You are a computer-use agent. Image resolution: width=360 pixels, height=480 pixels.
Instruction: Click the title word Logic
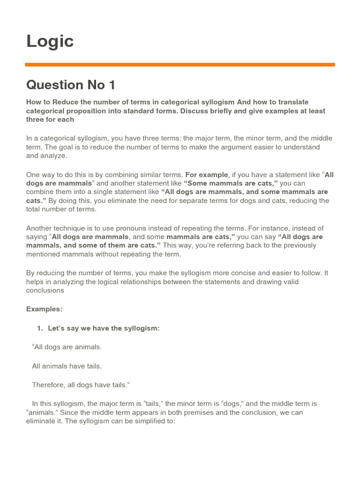[50, 41]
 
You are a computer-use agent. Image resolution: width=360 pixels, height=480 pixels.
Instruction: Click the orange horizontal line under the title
[180, 65]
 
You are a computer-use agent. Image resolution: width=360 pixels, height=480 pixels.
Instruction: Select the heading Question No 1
[71, 85]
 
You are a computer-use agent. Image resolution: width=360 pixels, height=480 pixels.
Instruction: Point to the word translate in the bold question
[292, 102]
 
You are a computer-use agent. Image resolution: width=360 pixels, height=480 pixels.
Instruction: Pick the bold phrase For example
[206, 174]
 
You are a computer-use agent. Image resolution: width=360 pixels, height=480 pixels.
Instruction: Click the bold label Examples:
[44, 309]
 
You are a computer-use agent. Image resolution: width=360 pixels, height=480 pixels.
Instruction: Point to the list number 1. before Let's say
[40, 328]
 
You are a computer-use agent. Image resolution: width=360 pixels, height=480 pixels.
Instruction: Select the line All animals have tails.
[67, 366]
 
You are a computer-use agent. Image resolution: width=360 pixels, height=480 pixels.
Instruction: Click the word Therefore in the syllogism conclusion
[49, 384]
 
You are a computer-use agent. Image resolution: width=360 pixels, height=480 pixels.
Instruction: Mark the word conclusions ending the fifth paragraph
[45, 290]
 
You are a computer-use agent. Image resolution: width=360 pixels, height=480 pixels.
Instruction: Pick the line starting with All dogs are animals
[67, 347]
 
